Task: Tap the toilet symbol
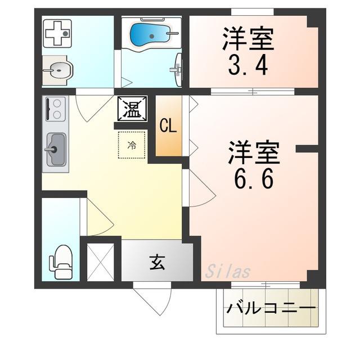click(61, 262)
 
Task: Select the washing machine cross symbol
click(57, 34)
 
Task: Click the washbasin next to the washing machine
click(58, 70)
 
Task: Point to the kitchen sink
click(56, 150)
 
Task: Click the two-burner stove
click(56, 109)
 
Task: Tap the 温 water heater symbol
click(132, 109)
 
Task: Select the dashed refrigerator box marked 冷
click(132, 145)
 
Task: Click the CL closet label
click(168, 126)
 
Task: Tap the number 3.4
click(248, 65)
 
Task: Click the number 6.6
click(254, 178)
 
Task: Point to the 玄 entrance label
click(157, 263)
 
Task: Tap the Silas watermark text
click(227, 271)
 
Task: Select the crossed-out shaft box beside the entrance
click(101, 262)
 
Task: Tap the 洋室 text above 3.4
click(248, 39)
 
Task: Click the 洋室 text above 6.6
click(254, 152)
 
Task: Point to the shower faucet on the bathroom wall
click(177, 69)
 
